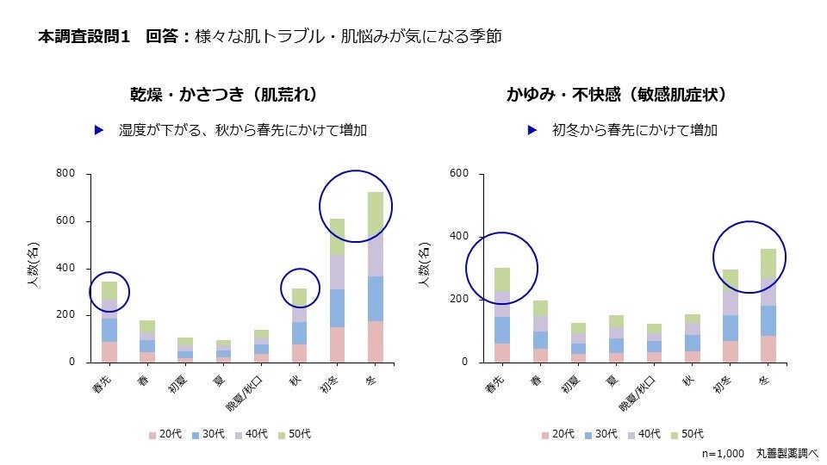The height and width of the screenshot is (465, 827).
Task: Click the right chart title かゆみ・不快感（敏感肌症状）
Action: pos(617,94)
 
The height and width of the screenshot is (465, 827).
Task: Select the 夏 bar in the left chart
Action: pos(223,350)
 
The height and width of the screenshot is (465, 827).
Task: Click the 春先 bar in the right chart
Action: pos(502,315)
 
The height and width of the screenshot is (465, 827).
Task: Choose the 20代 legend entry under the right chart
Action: pos(558,434)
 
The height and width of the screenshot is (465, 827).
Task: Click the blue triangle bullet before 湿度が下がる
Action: pos(99,131)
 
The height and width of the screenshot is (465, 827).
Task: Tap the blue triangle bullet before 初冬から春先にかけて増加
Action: pos(533,131)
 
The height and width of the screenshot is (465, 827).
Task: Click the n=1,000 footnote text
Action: pos(723,453)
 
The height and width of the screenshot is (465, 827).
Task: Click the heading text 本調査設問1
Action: pos(84,37)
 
